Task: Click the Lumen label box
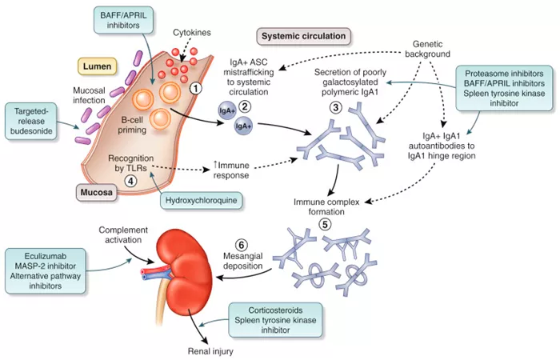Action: pyautogui.click(x=97, y=66)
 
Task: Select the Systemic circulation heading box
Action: pyautogui.click(x=303, y=36)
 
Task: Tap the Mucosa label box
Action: pyautogui.click(x=96, y=192)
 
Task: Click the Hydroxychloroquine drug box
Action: pyautogui.click(x=201, y=200)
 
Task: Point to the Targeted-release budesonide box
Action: pyautogui.click(x=31, y=121)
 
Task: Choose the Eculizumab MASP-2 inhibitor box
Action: pyautogui.click(x=46, y=271)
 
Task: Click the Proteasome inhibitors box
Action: pyautogui.click(x=504, y=88)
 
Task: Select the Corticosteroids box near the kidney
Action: pyautogui.click(x=275, y=320)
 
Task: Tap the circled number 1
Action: pyautogui.click(x=196, y=87)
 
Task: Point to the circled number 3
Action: pyautogui.click(x=336, y=107)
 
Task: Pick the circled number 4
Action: pyautogui.click(x=130, y=181)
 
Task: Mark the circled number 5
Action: pyautogui.click(x=325, y=225)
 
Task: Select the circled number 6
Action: pyautogui.click(x=242, y=245)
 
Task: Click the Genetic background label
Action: pyautogui.click(x=427, y=49)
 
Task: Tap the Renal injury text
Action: pyautogui.click(x=210, y=351)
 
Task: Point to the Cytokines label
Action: pyautogui.click(x=192, y=33)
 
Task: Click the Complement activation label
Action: pyautogui.click(x=123, y=235)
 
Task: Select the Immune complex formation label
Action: pyautogui.click(x=326, y=206)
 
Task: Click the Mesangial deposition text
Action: pyautogui.click(x=243, y=261)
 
